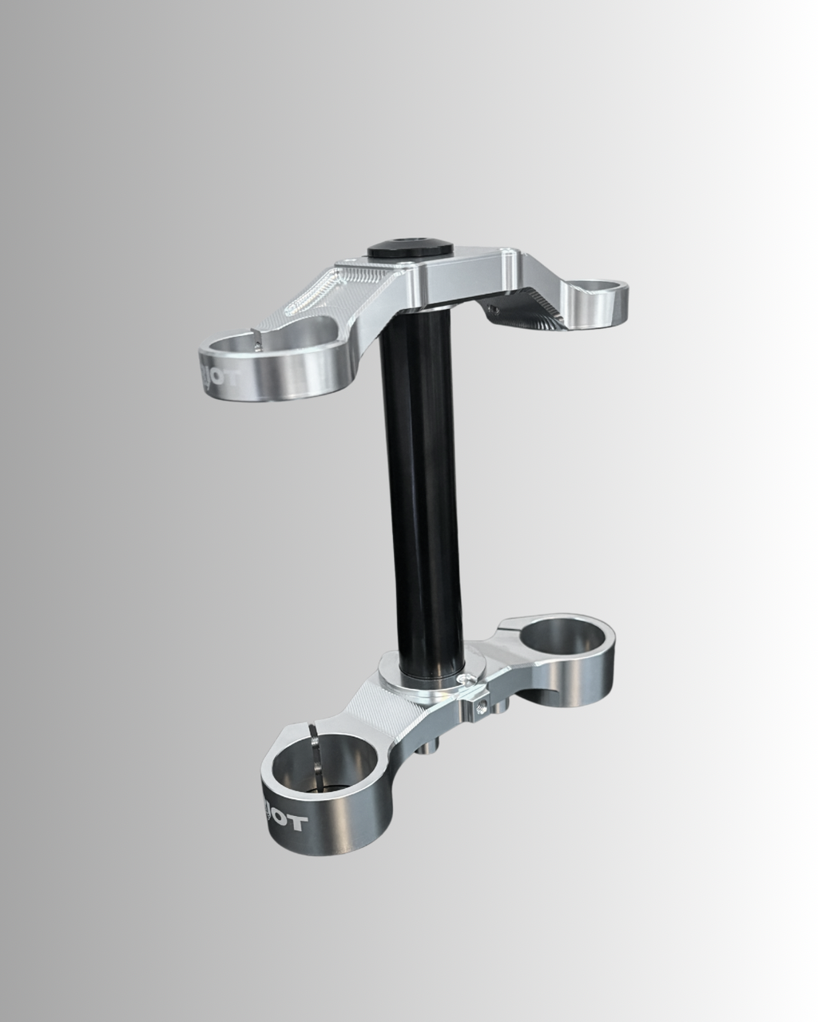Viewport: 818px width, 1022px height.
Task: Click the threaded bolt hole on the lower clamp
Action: pos(481,704)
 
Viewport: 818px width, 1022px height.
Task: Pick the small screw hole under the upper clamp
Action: pos(494,306)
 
